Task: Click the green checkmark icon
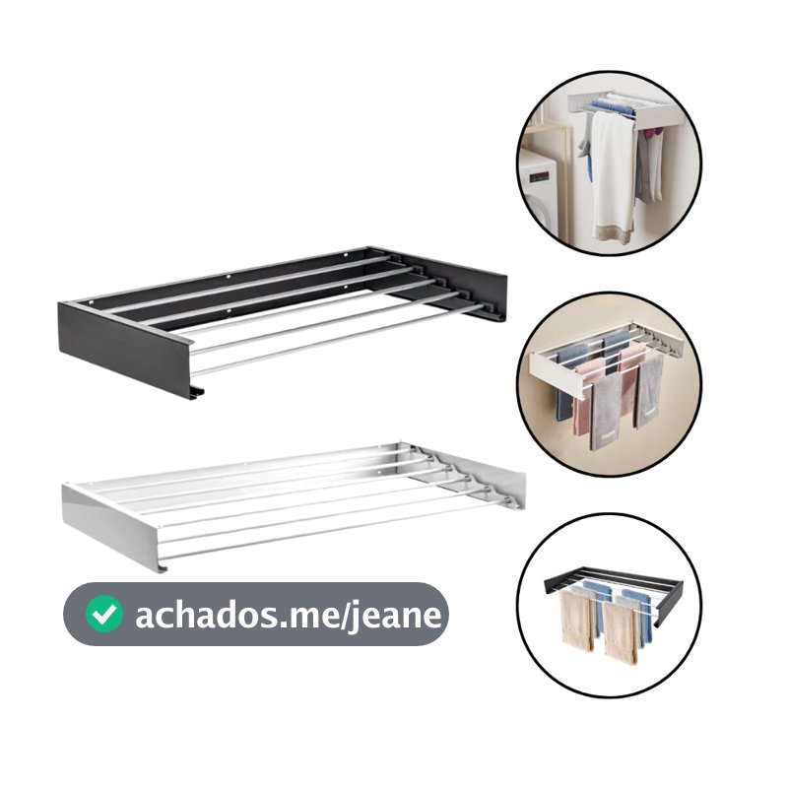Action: click(104, 614)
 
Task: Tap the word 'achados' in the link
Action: click(206, 614)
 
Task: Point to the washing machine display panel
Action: click(538, 177)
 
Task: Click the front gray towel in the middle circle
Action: click(606, 411)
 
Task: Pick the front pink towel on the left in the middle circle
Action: click(584, 401)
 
